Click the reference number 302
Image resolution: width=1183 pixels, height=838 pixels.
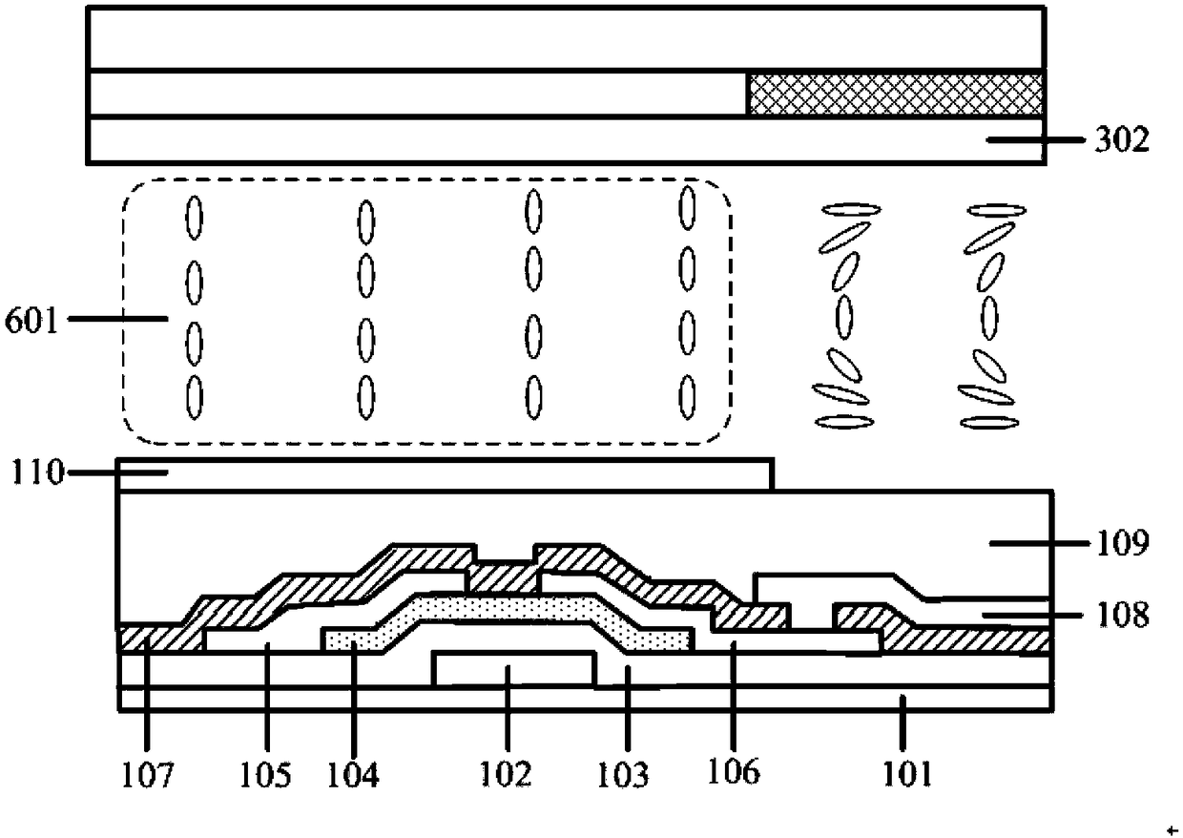[x=1122, y=140]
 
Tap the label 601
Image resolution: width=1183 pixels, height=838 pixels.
[x=31, y=320]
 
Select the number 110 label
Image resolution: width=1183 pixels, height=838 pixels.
[x=37, y=471]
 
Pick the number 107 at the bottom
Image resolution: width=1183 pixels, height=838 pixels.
[x=147, y=775]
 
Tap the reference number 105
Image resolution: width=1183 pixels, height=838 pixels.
[x=265, y=775]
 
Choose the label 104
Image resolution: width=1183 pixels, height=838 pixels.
[x=353, y=775]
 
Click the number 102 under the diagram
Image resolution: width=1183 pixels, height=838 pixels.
[x=506, y=774]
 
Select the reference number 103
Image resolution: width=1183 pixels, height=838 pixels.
[x=623, y=775]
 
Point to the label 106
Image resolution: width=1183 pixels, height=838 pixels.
[x=734, y=771]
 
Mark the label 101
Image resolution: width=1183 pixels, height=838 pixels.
[x=908, y=774]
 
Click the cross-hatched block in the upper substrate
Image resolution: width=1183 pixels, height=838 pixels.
[x=896, y=94]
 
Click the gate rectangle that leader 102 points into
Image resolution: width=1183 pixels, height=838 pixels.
[x=514, y=669]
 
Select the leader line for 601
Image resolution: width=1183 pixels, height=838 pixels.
[x=118, y=319]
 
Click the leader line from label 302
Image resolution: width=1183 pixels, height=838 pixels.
[x=1036, y=140]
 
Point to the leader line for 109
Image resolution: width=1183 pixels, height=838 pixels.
[x=1038, y=543]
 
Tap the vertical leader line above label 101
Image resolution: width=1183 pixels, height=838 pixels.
[x=903, y=723]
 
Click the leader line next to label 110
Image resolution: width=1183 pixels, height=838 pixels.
[x=118, y=472]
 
